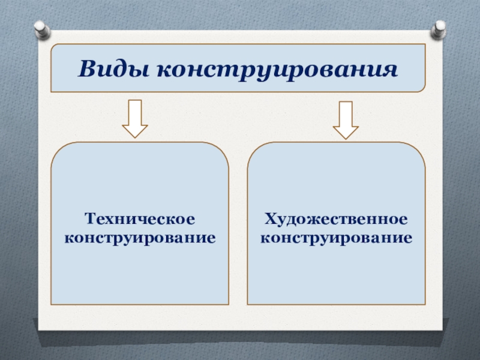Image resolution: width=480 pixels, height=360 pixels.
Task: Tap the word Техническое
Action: [140, 215]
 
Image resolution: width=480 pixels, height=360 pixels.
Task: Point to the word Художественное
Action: [336, 215]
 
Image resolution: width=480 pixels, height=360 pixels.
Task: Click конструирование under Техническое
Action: [140, 237]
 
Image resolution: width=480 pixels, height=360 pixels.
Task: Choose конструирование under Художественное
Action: [336, 237]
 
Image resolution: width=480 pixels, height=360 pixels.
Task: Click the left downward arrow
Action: [135, 119]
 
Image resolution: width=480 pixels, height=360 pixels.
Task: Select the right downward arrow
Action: [346, 119]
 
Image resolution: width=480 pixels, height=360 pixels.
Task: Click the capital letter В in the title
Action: [86, 70]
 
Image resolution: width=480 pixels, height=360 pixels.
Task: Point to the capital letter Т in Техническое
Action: [89, 215]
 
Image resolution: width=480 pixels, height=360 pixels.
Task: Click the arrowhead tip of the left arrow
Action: [135, 137]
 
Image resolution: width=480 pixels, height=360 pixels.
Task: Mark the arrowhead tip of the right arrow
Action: [346, 138]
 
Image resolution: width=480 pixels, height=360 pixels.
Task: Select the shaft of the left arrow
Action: [135, 112]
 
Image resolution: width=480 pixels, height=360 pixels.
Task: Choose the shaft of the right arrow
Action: [346, 112]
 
